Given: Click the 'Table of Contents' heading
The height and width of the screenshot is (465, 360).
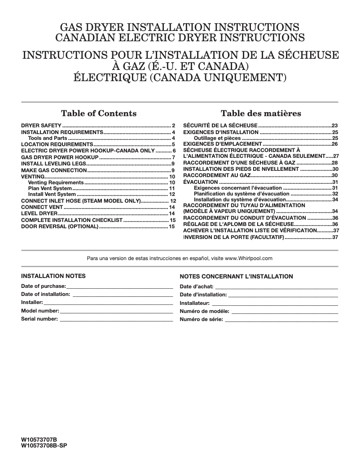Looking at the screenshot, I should [99, 113].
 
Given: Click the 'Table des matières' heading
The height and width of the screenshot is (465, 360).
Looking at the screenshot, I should [261, 113].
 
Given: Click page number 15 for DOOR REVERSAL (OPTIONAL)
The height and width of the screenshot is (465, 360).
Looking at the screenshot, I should [172, 227].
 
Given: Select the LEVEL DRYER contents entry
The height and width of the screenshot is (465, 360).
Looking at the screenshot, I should [39, 214].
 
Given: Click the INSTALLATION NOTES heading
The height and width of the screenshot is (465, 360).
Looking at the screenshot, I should [53, 276].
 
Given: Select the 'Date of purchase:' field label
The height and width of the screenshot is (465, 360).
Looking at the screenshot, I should [44, 286].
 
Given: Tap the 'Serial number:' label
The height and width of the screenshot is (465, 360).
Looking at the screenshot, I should [40, 319].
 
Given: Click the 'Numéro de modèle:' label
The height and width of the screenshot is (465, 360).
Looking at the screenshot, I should [205, 311].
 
